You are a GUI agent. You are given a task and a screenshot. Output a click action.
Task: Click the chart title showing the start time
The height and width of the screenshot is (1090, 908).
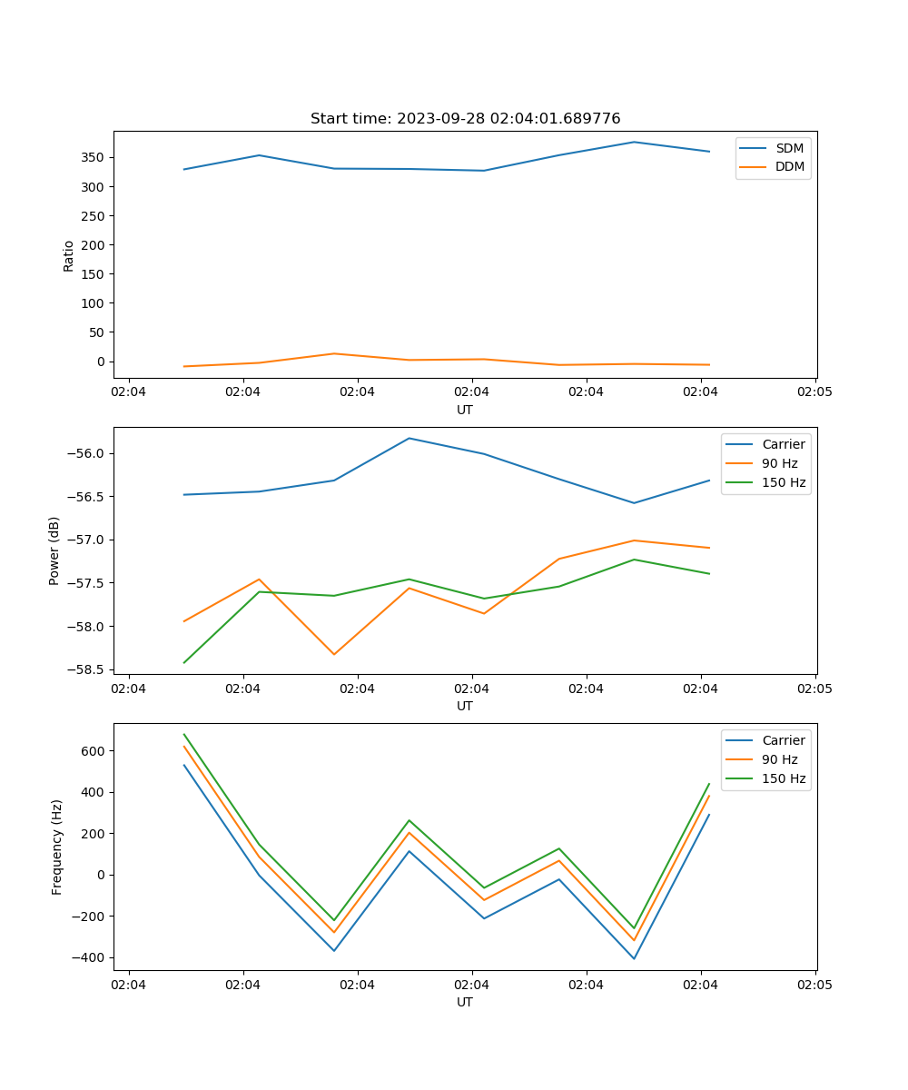click(465, 119)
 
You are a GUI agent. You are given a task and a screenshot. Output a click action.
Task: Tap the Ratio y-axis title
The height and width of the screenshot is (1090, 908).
click(69, 255)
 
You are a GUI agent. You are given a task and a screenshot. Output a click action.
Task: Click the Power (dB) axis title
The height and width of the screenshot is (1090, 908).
click(54, 550)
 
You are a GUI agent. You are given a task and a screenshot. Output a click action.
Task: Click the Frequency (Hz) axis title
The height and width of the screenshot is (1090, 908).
click(57, 847)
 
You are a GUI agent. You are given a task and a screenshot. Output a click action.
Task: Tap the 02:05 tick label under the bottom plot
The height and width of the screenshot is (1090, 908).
click(814, 985)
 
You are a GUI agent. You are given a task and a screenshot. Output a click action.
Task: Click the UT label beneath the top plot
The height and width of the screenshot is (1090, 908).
click(465, 410)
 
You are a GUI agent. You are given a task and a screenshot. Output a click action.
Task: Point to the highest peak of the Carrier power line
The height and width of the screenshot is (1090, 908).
click(410, 439)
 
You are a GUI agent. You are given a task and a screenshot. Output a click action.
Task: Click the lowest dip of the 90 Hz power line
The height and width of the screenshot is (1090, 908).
click(334, 654)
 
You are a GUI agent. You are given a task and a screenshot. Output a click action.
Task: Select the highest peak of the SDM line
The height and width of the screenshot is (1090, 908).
click(634, 142)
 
